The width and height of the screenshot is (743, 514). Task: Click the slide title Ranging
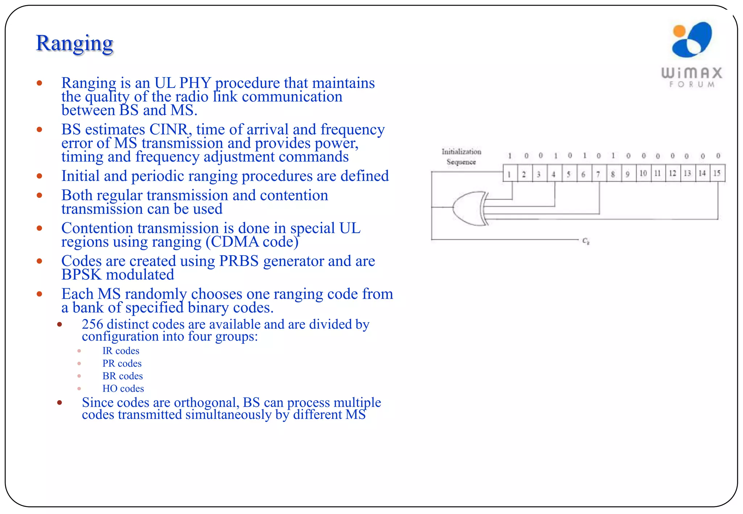(74, 43)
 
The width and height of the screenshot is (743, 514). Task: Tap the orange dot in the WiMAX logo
(679, 31)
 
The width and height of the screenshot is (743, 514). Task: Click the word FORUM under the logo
(692, 84)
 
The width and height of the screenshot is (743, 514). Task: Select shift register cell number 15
(717, 173)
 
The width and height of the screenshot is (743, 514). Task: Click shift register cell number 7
(598, 174)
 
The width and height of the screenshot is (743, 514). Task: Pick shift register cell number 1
(510, 174)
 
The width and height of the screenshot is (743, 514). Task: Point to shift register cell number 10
(643, 173)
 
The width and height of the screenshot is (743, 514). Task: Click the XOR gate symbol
(470, 208)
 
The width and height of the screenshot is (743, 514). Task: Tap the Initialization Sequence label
(461, 157)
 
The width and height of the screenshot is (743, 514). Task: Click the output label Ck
(586, 241)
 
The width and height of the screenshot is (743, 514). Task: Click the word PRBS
(239, 261)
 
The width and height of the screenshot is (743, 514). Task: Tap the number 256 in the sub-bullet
(92, 324)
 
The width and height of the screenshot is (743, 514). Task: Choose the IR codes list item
(120, 351)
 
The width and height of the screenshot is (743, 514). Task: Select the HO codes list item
(123, 389)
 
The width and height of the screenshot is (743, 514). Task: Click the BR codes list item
(122, 376)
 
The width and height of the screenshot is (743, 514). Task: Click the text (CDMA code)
(252, 242)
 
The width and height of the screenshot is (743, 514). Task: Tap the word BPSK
(81, 275)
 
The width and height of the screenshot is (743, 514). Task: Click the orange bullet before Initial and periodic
(40, 176)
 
